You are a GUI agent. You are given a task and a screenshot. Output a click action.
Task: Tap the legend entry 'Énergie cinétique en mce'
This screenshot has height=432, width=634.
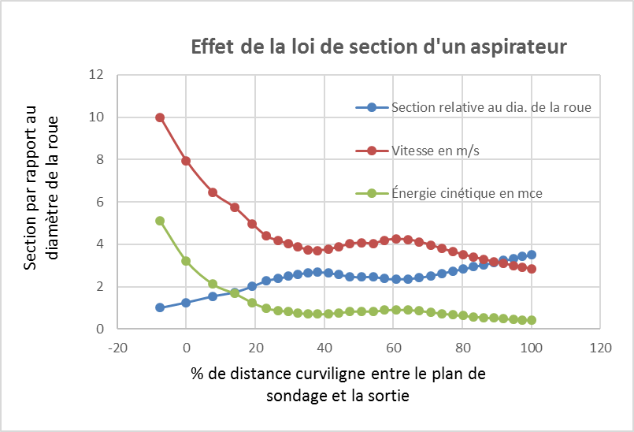click(467, 192)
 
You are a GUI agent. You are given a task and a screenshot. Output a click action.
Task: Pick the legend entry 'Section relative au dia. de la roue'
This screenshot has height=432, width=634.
click(491, 107)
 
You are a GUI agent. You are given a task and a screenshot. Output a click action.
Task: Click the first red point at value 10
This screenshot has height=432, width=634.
click(160, 117)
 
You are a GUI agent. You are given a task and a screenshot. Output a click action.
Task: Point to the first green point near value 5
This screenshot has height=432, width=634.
click(160, 221)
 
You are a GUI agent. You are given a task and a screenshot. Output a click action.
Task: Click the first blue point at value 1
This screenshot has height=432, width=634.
click(160, 307)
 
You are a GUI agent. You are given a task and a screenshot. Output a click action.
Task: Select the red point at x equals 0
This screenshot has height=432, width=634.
click(186, 161)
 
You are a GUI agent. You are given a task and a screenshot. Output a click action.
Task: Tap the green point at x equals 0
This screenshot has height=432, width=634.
click(186, 261)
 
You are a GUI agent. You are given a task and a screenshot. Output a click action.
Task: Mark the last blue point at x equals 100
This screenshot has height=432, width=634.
click(532, 255)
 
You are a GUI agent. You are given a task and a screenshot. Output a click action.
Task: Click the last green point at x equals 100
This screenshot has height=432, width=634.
click(532, 320)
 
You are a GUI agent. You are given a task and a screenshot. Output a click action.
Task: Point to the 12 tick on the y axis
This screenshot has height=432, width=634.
click(97, 76)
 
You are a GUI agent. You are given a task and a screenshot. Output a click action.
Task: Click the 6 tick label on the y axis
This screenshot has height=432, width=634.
click(100, 202)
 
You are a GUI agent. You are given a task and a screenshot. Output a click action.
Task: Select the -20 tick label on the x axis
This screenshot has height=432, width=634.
click(117, 347)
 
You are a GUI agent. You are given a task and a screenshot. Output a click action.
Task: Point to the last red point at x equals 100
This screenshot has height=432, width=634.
click(532, 269)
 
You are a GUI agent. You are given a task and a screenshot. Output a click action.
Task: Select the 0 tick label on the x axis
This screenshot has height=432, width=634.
click(186, 347)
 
